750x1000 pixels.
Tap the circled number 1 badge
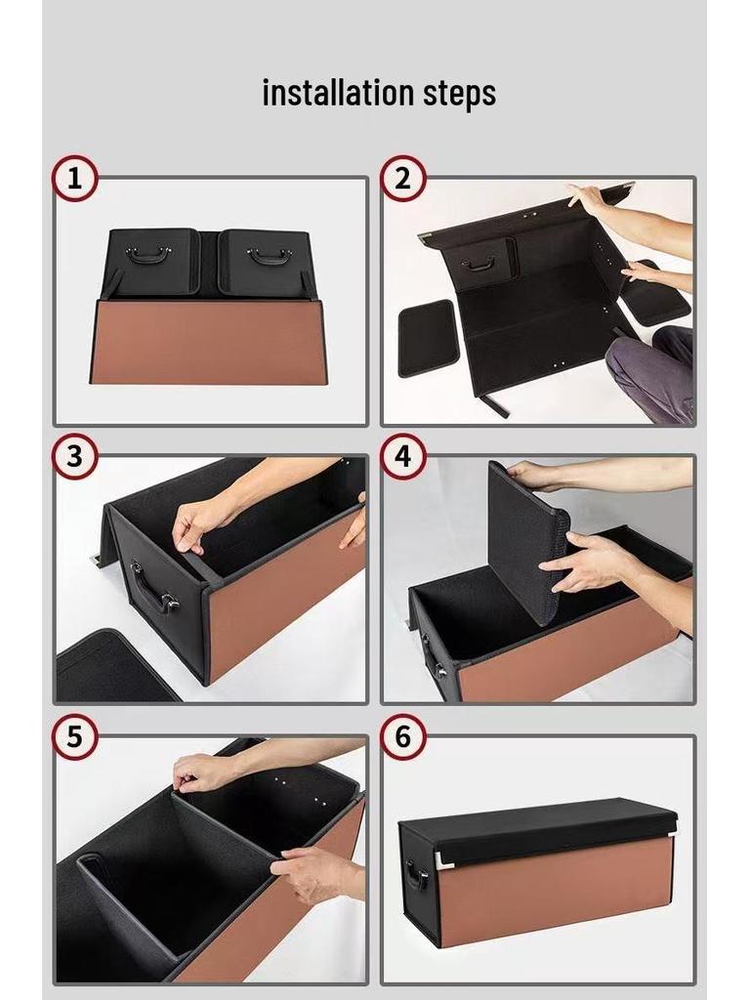(x=74, y=178)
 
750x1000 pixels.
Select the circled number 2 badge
(x=403, y=178)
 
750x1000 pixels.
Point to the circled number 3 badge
(x=74, y=457)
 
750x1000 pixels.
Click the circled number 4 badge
(x=403, y=457)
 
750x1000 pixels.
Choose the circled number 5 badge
(x=74, y=736)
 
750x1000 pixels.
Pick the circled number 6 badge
(x=403, y=736)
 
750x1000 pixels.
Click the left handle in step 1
(x=148, y=255)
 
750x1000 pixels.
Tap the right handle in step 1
(x=270, y=256)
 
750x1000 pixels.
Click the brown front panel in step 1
(x=209, y=342)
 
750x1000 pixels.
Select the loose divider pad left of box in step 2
(x=428, y=337)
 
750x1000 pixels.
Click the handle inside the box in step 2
(x=479, y=263)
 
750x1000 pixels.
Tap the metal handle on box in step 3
(x=152, y=587)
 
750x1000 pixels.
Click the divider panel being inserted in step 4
(x=527, y=542)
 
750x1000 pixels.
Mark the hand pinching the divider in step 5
(x=199, y=773)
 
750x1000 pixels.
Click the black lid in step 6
(x=538, y=830)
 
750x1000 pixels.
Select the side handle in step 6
(x=418, y=874)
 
